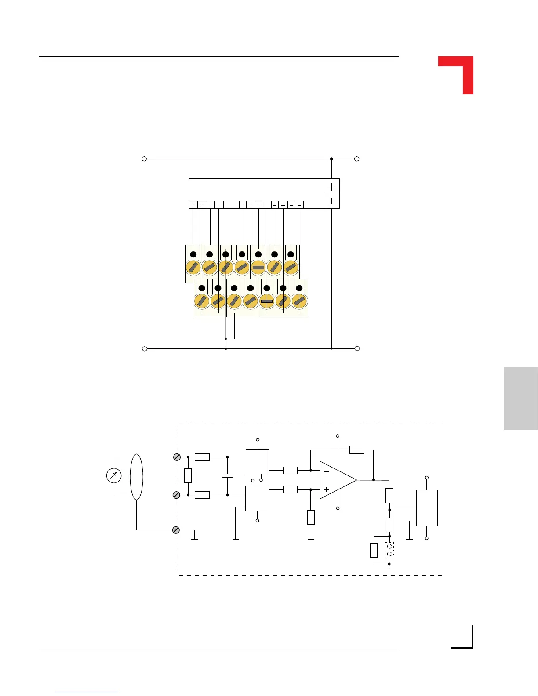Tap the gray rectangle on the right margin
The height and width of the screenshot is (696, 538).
(520, 398)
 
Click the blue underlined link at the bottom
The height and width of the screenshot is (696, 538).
(87, 692)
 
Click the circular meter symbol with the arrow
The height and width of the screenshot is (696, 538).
(114, 476)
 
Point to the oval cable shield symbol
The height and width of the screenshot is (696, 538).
(137, 477)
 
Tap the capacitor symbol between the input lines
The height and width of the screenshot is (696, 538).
(227, 475)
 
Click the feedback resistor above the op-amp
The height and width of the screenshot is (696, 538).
(356, 449)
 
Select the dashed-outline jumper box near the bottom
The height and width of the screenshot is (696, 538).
(389, 550)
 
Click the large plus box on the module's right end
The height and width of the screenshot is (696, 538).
(331, 187)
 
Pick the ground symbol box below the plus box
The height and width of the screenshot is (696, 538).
(331, 202)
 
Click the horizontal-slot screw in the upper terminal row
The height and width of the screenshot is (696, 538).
(258, 267)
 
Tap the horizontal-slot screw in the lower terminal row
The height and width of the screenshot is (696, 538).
(267, 301)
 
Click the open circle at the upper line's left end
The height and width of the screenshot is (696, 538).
(144, 159)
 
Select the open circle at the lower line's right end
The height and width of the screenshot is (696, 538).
(357, 348)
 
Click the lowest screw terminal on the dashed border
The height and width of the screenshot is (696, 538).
(176, 530)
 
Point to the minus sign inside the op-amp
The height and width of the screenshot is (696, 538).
(326, 471)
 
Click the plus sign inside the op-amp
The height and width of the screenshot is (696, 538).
(326, 489)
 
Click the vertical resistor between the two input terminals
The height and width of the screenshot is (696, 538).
(188, 476)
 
